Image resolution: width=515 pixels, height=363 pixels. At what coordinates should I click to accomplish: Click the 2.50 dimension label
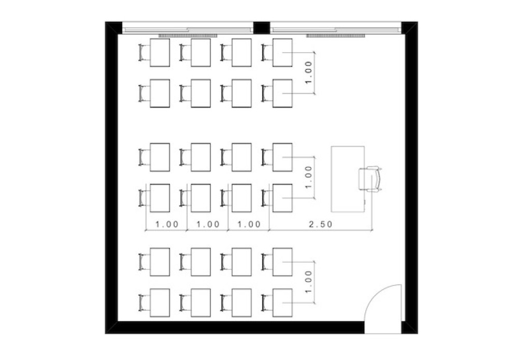coord(321,224)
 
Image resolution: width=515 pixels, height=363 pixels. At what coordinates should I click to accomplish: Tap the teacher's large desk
coord(348,179)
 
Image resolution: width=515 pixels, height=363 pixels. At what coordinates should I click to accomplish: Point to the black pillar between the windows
coord(262,27)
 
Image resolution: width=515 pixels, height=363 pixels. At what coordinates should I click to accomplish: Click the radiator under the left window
coord(188,36)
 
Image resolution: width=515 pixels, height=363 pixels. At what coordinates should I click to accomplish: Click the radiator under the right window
coord(335,36)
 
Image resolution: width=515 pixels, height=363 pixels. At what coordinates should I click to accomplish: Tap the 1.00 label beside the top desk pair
coord(308,72)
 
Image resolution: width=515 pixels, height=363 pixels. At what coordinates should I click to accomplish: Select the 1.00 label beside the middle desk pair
coord(308,177)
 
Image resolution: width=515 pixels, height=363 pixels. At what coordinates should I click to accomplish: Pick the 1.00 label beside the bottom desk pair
coord(308,282)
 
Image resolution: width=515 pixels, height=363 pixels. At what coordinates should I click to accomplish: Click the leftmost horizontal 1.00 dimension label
coord(167,224)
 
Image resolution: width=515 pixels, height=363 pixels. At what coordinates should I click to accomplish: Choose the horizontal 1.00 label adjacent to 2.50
coord(249,224)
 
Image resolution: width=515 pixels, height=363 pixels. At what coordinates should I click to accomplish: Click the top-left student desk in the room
coord(160,52)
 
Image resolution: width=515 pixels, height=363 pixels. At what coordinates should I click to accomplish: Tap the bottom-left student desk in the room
coord(160,303)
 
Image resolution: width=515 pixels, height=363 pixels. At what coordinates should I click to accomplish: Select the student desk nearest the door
coord(282,303)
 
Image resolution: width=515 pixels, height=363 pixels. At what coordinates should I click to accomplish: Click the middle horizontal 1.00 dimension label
coord(208,224)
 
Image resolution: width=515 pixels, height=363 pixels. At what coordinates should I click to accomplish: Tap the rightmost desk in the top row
coord(282,52)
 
